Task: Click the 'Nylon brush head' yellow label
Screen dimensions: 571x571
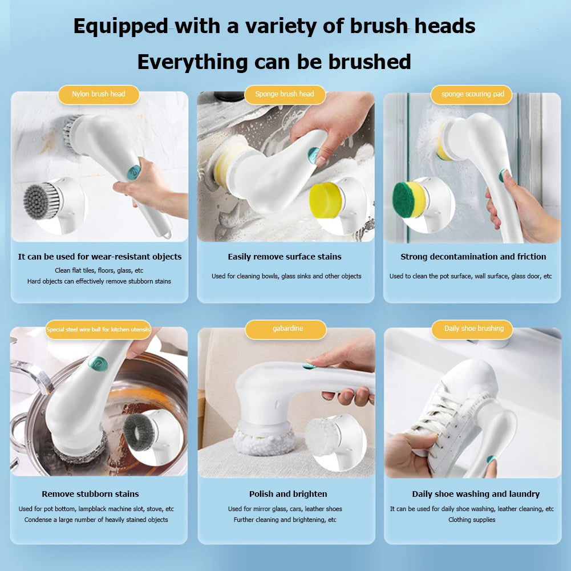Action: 98,94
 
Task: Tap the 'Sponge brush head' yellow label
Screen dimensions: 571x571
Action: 285,94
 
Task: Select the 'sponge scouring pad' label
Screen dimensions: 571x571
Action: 472,94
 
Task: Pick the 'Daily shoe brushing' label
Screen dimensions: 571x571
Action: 474,329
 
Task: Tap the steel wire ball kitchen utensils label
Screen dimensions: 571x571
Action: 98,330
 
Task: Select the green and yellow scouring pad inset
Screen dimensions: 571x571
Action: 409,200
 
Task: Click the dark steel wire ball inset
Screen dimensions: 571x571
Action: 139,431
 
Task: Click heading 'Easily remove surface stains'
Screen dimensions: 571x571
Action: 285,257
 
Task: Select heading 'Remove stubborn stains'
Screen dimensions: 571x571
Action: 90,494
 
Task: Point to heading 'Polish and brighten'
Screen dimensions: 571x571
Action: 288,494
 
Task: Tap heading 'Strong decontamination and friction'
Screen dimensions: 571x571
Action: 473,257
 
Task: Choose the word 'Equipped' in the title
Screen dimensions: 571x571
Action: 120,26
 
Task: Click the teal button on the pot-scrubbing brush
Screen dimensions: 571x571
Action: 98,363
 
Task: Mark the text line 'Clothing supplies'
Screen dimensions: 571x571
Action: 472,520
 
